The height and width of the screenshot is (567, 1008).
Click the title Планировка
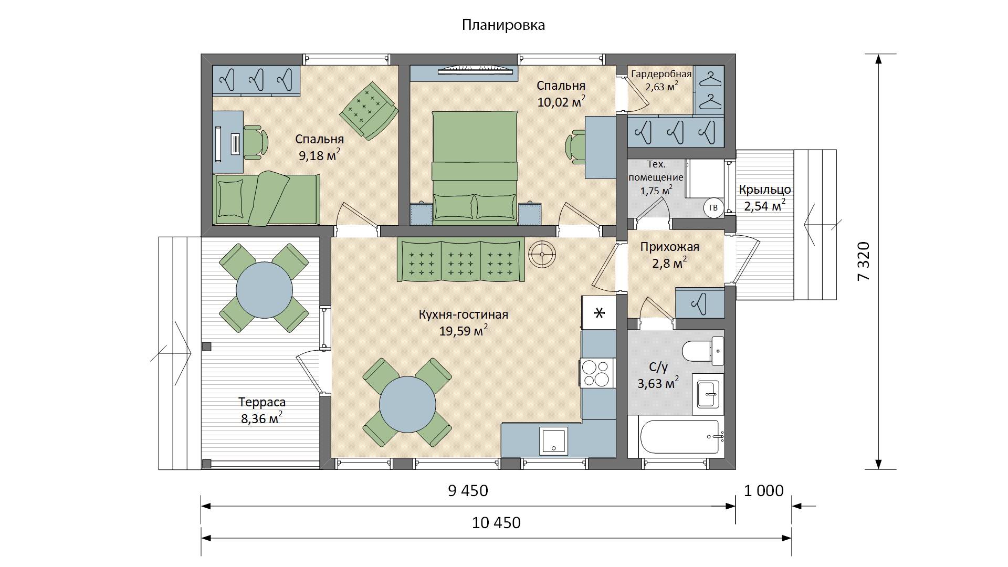coord(503,25)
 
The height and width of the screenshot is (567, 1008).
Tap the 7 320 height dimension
coord(864,261)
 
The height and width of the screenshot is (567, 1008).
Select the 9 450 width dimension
coord(468,490)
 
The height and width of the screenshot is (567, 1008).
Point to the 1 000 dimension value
coord(764,490)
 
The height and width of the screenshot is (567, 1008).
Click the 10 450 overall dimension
coord(496,523)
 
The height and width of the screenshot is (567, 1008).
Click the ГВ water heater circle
coord(713,208)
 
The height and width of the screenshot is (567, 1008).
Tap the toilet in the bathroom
coord(703,351)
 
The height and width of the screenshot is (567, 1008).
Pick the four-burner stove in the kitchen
coord(597,373)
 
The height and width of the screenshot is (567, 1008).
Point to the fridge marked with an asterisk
coord(598,313)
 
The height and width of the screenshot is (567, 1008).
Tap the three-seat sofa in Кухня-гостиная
coord(461,260)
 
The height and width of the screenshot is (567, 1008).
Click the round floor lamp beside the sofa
coord(542,255)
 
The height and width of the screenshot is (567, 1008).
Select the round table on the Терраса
coord(265,289)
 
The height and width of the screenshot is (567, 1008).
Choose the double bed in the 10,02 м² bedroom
coord(475,167)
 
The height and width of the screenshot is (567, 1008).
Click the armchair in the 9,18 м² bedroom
coord(368,111)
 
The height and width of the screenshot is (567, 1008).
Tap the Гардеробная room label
coord(661,74)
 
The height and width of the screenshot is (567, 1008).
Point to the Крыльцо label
coord(765,190)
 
